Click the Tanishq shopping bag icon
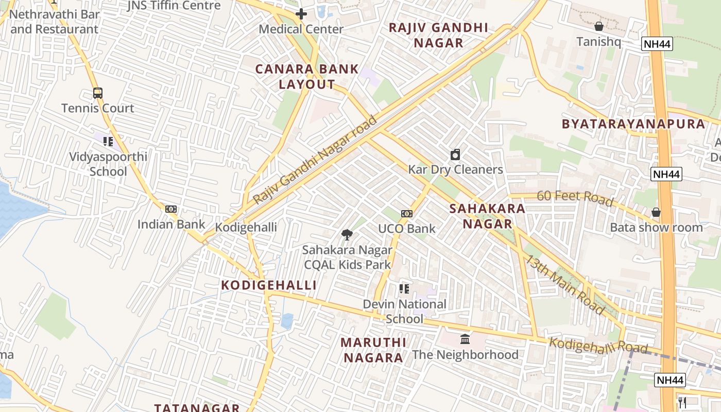(598, 26)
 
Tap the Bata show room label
(656, 227)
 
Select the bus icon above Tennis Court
(97, 93)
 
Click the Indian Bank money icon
(171, 209)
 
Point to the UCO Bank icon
(407, 214)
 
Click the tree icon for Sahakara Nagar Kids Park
(347, 235)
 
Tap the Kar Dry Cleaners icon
(455, 154)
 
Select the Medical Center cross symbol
(301, 14)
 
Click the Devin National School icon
(404, 289)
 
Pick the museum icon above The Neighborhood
(465, 339)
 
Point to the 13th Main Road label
(564, 284)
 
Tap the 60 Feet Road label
(575, 197)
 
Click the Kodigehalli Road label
(597, 346)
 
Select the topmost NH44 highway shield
(658, 44)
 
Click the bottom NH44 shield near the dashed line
(671, 380)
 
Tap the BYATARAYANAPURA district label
(633, 124)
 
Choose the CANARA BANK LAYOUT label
(307, 77)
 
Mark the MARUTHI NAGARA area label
(373, 350)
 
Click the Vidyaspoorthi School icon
(108, 141)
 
